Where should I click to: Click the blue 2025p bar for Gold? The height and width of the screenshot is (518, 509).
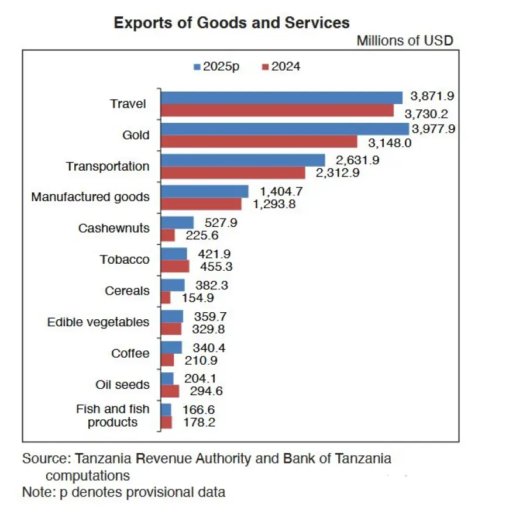coord(285,129)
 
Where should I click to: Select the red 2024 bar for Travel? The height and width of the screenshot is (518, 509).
coord(277,110)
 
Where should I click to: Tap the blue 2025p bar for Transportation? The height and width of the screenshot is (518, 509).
coord(243,160)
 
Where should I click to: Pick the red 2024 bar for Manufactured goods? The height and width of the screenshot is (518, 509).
coord(201,203)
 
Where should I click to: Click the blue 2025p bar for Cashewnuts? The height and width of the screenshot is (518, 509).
coord(177,222)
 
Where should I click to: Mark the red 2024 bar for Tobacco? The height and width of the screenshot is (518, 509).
coord(175,266)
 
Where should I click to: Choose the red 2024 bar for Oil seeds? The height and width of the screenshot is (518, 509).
coord(170,391)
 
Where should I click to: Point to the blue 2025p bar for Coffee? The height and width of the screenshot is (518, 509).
coord(171,347)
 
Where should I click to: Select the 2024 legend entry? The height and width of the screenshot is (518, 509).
coord(281,66)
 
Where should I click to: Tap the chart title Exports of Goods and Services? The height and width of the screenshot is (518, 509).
coord(232,23)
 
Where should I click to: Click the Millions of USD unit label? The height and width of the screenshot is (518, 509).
coord(405,40)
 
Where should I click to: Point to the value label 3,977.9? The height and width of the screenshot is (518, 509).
coord(434,129)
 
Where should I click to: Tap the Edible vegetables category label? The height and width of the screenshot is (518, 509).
coord(98,322)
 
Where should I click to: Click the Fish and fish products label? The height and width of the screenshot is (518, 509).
coord(113,416)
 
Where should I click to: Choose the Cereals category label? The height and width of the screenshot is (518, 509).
coord(127,291)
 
